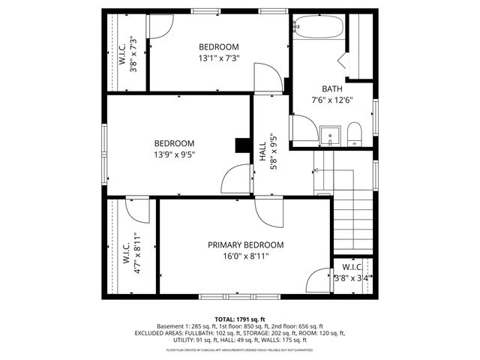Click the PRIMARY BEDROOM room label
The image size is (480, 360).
coord(246,244)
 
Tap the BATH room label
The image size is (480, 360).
coord(331,88)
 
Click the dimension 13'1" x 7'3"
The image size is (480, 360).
coord(218,58)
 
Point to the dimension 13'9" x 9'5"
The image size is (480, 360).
coord(175,156)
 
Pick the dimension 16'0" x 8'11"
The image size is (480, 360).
coord(246,257)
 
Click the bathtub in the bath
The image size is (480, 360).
coord(318,27)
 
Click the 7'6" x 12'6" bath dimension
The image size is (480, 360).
coord(331,100)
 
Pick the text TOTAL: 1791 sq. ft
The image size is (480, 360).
coord(240,319)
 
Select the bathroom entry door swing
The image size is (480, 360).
coord(304,129)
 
